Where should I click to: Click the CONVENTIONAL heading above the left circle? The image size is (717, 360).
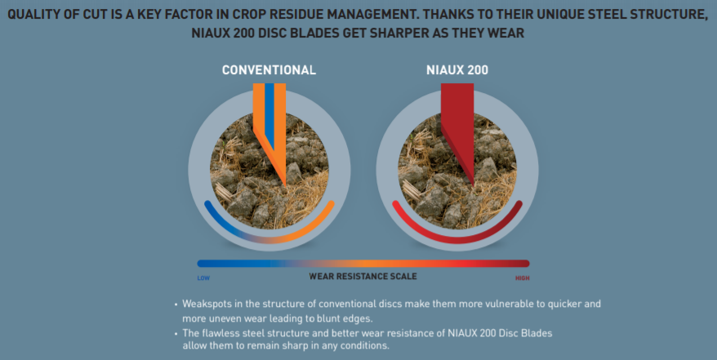tap(269, 70)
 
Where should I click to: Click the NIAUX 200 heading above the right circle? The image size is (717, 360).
tap(457, 70)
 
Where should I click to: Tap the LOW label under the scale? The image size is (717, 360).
tap(203, 278)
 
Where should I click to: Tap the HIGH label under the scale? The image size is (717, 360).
tap(522, 278)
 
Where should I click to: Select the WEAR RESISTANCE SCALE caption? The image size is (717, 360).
tap(363, 276)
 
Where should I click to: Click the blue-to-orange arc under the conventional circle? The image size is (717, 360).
tap(269, 233)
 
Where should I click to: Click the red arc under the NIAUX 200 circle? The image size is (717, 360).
tap(457, 234)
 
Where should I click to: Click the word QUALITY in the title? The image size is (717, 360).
tap(38, 14)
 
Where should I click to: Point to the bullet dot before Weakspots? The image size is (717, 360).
tap(176, 304)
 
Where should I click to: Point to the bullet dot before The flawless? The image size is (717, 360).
tap(176, 333)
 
